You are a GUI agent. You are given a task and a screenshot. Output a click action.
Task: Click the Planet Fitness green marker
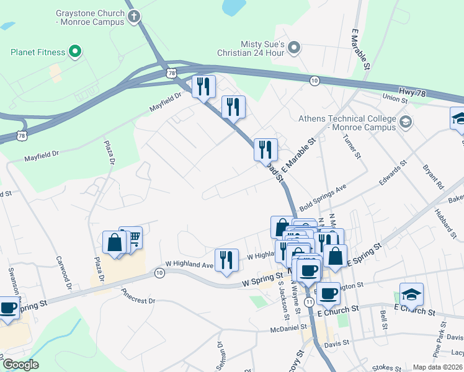75,51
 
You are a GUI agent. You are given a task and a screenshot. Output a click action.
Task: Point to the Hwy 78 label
414,92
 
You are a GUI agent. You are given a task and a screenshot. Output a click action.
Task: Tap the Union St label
395,97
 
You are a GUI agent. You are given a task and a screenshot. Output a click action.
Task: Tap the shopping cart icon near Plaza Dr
132,237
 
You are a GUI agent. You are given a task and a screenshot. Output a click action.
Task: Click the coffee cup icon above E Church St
328,293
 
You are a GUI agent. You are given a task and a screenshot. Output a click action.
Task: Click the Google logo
20,365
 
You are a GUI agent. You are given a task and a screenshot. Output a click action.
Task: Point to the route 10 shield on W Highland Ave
160,273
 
